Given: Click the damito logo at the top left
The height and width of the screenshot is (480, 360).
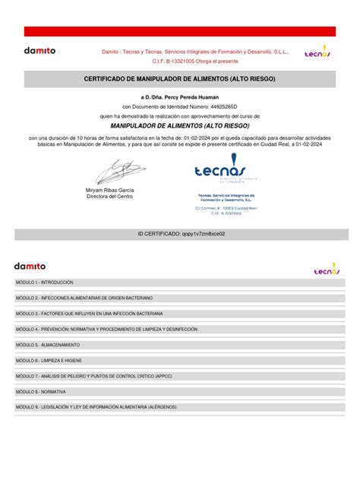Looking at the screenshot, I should point(39,51).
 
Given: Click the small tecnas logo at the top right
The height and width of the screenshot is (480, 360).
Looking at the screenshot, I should point(317,53).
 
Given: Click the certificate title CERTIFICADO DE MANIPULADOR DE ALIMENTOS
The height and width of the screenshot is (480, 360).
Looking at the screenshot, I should point(179,79).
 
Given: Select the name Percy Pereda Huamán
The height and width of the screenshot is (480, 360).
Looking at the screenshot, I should point(191,98).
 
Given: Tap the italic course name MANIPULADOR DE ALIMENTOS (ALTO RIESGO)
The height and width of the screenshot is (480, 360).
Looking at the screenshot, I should point(180,125).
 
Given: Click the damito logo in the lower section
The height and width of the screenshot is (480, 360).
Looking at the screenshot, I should point(30,266).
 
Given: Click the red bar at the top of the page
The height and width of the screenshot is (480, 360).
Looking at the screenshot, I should point(179,31).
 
